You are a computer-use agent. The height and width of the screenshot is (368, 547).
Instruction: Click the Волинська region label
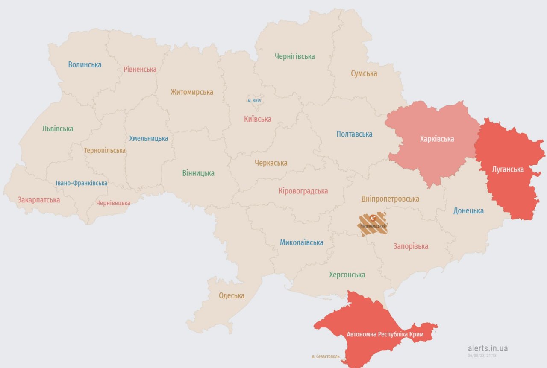coord(85,65)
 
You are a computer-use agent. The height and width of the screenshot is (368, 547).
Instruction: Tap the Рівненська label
coord(140,69)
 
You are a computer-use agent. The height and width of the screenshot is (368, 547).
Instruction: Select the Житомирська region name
coord(191,92)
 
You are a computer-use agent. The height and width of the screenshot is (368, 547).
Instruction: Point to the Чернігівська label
coord(295,56)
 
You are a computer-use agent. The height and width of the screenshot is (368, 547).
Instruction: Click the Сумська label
coord(364,73)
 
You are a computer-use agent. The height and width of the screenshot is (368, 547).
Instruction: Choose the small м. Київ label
coord(254,101)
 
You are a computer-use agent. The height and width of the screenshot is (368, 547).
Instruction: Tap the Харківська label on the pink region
coord(437,139)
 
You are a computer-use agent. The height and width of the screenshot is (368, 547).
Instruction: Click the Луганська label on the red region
coord(508,169)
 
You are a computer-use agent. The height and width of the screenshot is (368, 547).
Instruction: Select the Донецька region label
coord(468,211)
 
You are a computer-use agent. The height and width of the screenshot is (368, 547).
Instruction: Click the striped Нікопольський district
coord(373,224)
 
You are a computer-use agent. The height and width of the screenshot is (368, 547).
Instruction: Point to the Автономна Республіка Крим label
coord(385,334)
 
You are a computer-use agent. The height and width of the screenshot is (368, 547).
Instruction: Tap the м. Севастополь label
coord(325,356)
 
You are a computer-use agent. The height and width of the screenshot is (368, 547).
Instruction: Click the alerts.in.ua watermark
coord(488,348)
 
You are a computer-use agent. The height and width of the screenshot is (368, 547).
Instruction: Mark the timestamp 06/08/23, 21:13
coord(482,355)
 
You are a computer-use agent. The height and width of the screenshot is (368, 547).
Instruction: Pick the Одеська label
coord(232,296)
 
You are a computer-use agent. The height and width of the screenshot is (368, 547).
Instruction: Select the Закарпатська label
coord(38,200)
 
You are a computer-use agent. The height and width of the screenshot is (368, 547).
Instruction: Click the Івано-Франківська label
coord(82,183)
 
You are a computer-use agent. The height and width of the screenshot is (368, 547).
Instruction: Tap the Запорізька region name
coord(411,246)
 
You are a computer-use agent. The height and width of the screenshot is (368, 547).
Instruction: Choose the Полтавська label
coord(354,134)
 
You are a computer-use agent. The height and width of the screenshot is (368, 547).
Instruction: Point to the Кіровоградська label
coord(303,191)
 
